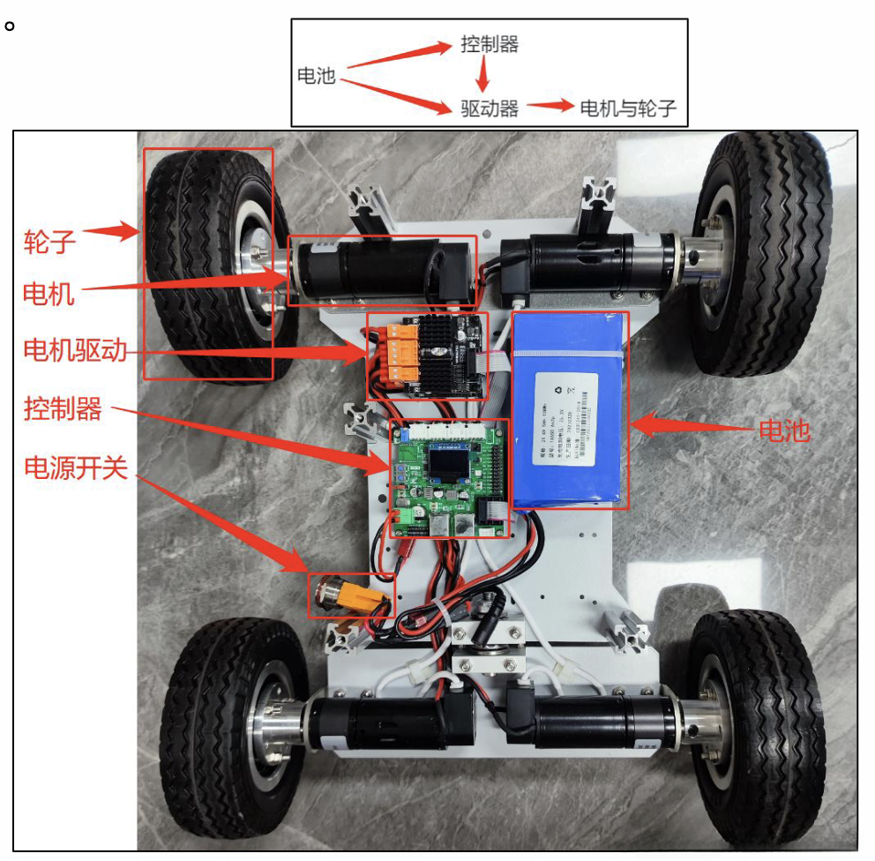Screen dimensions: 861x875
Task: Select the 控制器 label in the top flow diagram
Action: click(x=490, y=44)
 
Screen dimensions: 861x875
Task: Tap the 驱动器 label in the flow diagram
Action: click(x=490, y=108)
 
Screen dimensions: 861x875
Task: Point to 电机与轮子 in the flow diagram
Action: click(x=627, y=108)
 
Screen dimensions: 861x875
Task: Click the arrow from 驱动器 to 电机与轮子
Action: click(x=549, y=106)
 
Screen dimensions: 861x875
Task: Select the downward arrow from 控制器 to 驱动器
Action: click(x=482, y=76)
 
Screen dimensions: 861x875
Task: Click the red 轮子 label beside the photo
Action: click(x=49, y=239)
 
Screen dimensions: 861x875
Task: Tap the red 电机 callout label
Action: click(x=49, y=293)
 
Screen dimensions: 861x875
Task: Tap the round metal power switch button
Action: click(x=334, y=596)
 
